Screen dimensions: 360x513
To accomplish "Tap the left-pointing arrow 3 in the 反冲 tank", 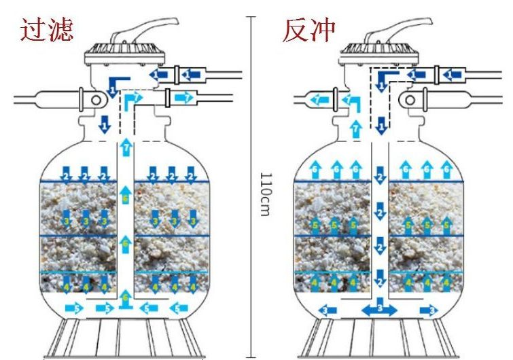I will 327,310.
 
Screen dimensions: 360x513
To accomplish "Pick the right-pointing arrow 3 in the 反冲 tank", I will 429,310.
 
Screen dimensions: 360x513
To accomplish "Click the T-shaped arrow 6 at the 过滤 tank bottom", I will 124,299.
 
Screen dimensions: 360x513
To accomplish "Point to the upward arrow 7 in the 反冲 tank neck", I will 354,127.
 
